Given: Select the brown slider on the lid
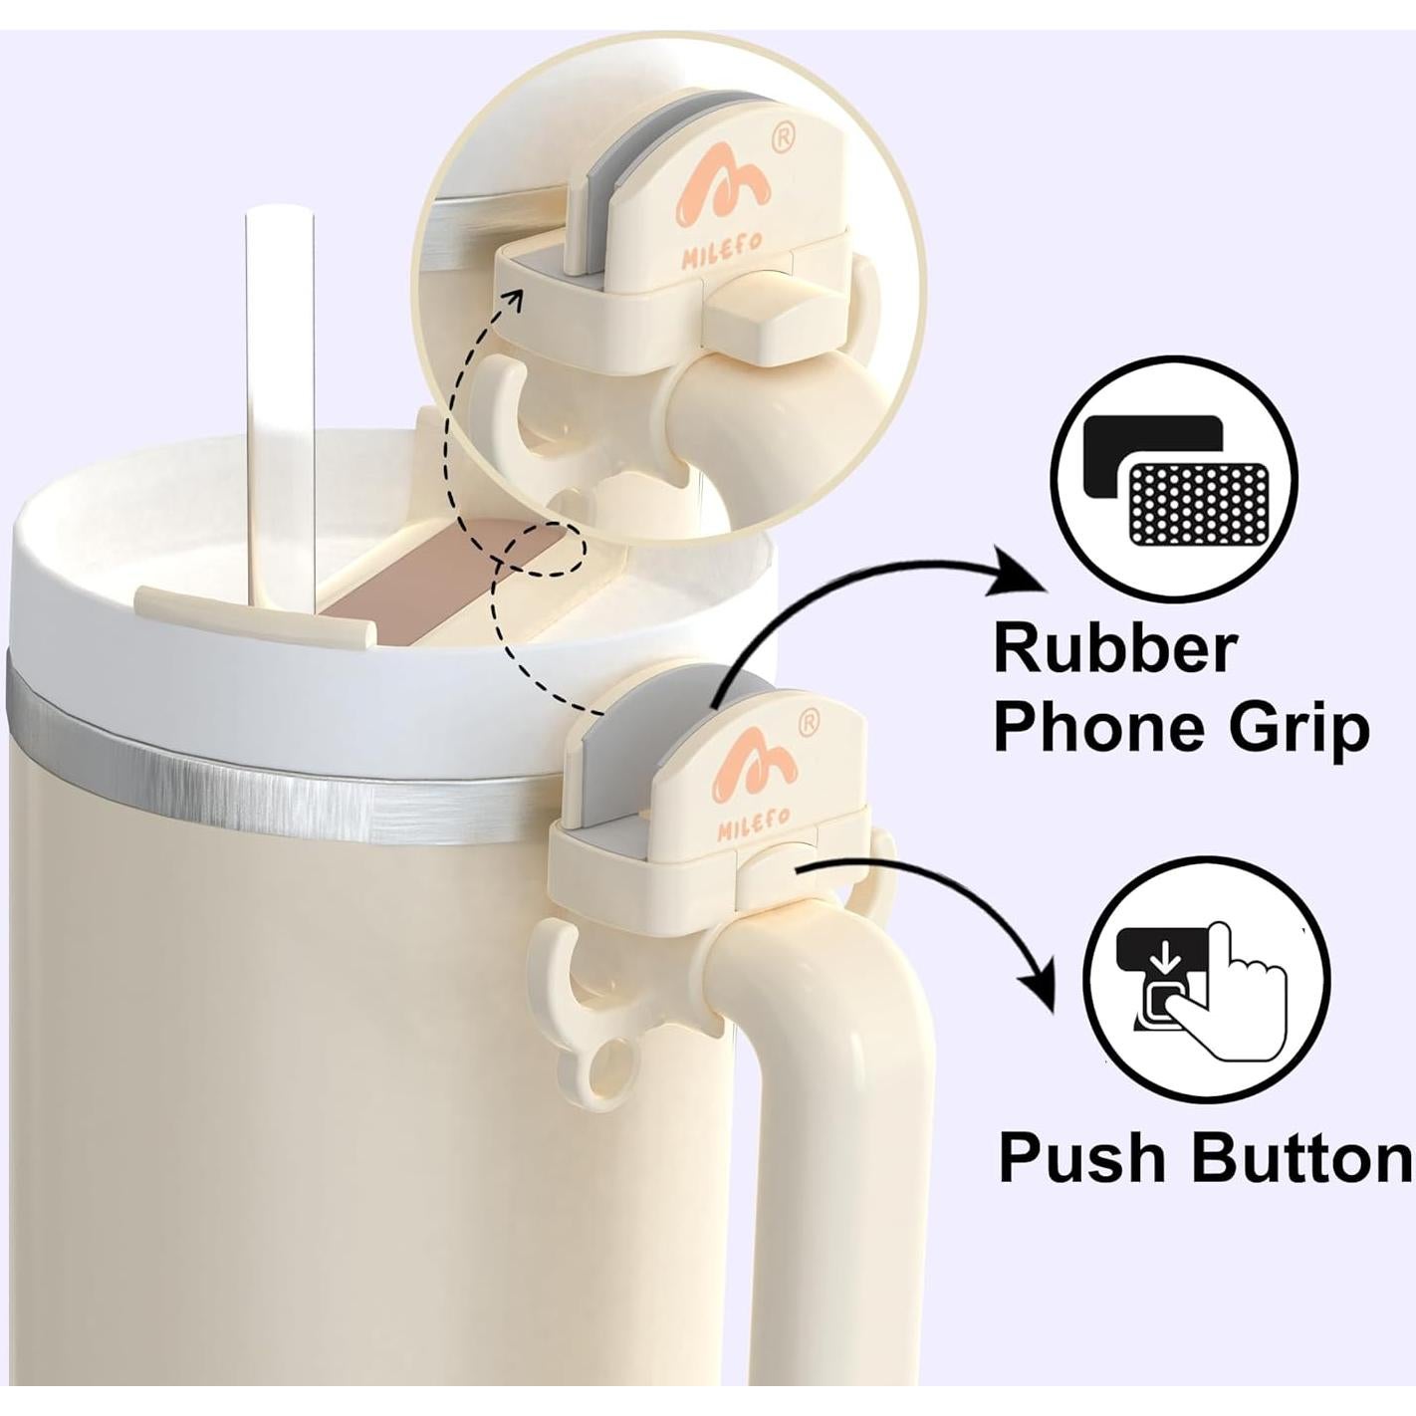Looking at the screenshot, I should [438, 588].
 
